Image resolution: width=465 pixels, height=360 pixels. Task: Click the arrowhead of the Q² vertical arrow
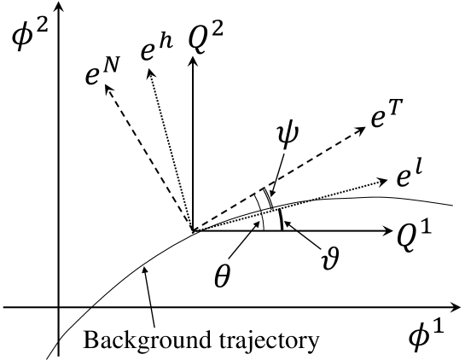[x=193, y=67]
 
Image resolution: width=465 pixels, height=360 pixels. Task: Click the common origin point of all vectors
[x=193, y=230]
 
